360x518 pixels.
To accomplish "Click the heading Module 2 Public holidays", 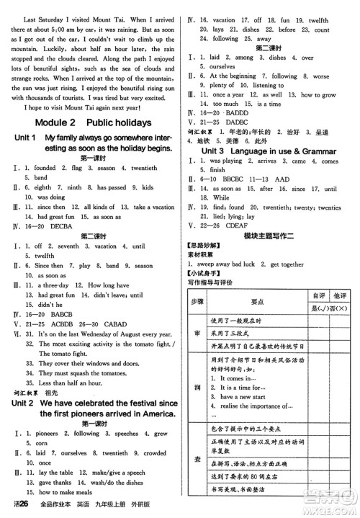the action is point(91,122).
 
